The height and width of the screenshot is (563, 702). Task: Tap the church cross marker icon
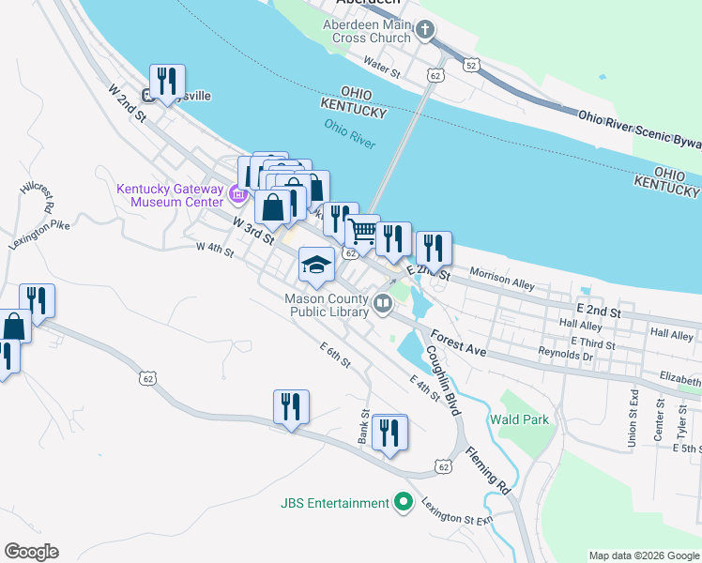tap(425, 31)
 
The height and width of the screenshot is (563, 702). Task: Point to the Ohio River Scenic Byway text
tap(638, 130)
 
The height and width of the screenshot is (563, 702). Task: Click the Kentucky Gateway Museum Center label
tap(170, 195)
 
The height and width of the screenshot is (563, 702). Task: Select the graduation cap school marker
tap(316, 266)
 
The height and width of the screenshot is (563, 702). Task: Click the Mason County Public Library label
tap(327, 306)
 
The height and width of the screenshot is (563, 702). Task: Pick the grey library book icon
tap(383, 303)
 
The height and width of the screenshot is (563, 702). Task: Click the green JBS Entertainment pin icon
tap(404, 502)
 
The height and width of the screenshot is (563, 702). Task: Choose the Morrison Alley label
tap(501, 280)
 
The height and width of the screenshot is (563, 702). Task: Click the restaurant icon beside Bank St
tap(389, 433)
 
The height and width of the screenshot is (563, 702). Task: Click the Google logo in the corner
tap(31, 552)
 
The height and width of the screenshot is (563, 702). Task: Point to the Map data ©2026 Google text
tap(643, 555)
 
